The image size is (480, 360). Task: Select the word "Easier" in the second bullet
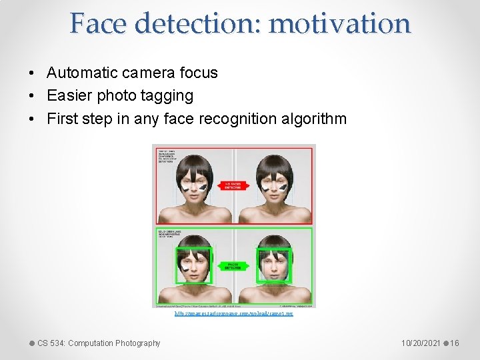click(x=70, y=96)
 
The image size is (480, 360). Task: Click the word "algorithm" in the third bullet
click(x=314, y=119)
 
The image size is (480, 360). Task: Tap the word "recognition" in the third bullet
click(x=238, y=119)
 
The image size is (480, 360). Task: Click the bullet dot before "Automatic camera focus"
click(x=32, y=73)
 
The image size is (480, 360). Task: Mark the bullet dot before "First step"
click(x=32, y=120)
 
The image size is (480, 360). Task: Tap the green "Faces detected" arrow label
click(x=233, y=265)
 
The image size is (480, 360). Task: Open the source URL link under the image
click(x=233, y=313)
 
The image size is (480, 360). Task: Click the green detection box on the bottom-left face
click(x=194, y=265)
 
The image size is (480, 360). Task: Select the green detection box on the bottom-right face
click(x=274, y=265)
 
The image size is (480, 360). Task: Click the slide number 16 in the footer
click(x=455, y=343)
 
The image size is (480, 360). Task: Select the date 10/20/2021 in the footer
click(x=421, y=343)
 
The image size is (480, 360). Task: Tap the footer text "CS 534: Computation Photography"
click(x=99, y=343)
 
